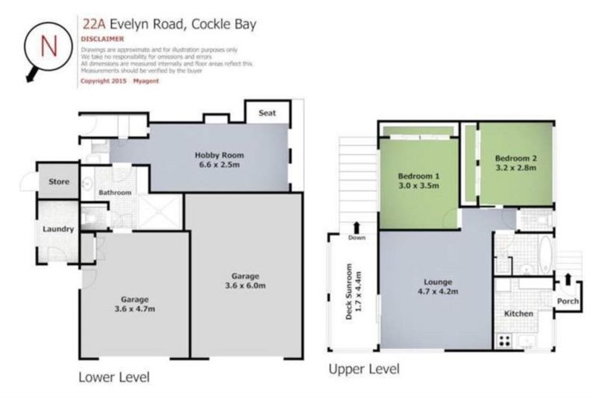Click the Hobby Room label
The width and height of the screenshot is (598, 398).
point(214,154)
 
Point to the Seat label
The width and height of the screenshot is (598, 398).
point(268,113)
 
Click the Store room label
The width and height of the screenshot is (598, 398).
point(59,182)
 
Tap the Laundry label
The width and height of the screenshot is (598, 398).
point(58,229)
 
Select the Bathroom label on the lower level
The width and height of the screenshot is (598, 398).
point(114,192)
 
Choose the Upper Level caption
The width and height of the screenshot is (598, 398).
point(364,368)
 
